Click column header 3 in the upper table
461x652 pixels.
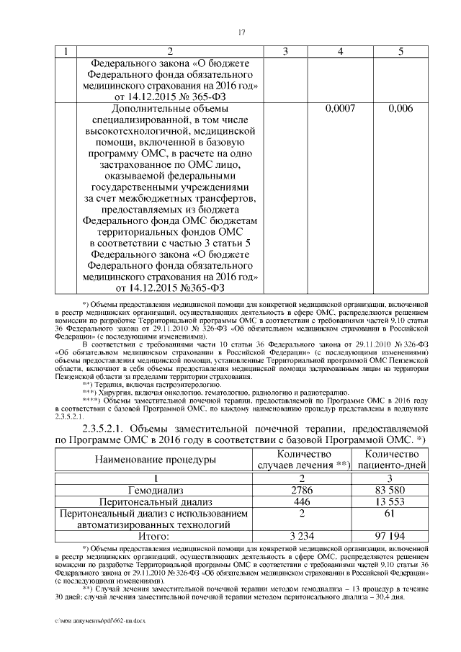pos(285,52)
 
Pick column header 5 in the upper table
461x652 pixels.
pos(400,52)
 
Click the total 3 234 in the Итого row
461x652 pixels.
pos(303,536)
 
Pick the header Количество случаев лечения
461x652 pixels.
pos(303,460)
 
